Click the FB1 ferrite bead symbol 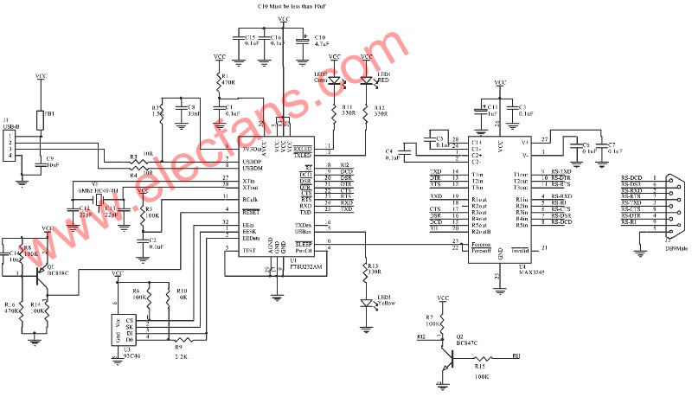(x=39, y=118)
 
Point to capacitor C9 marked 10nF (x=39, y=162)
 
